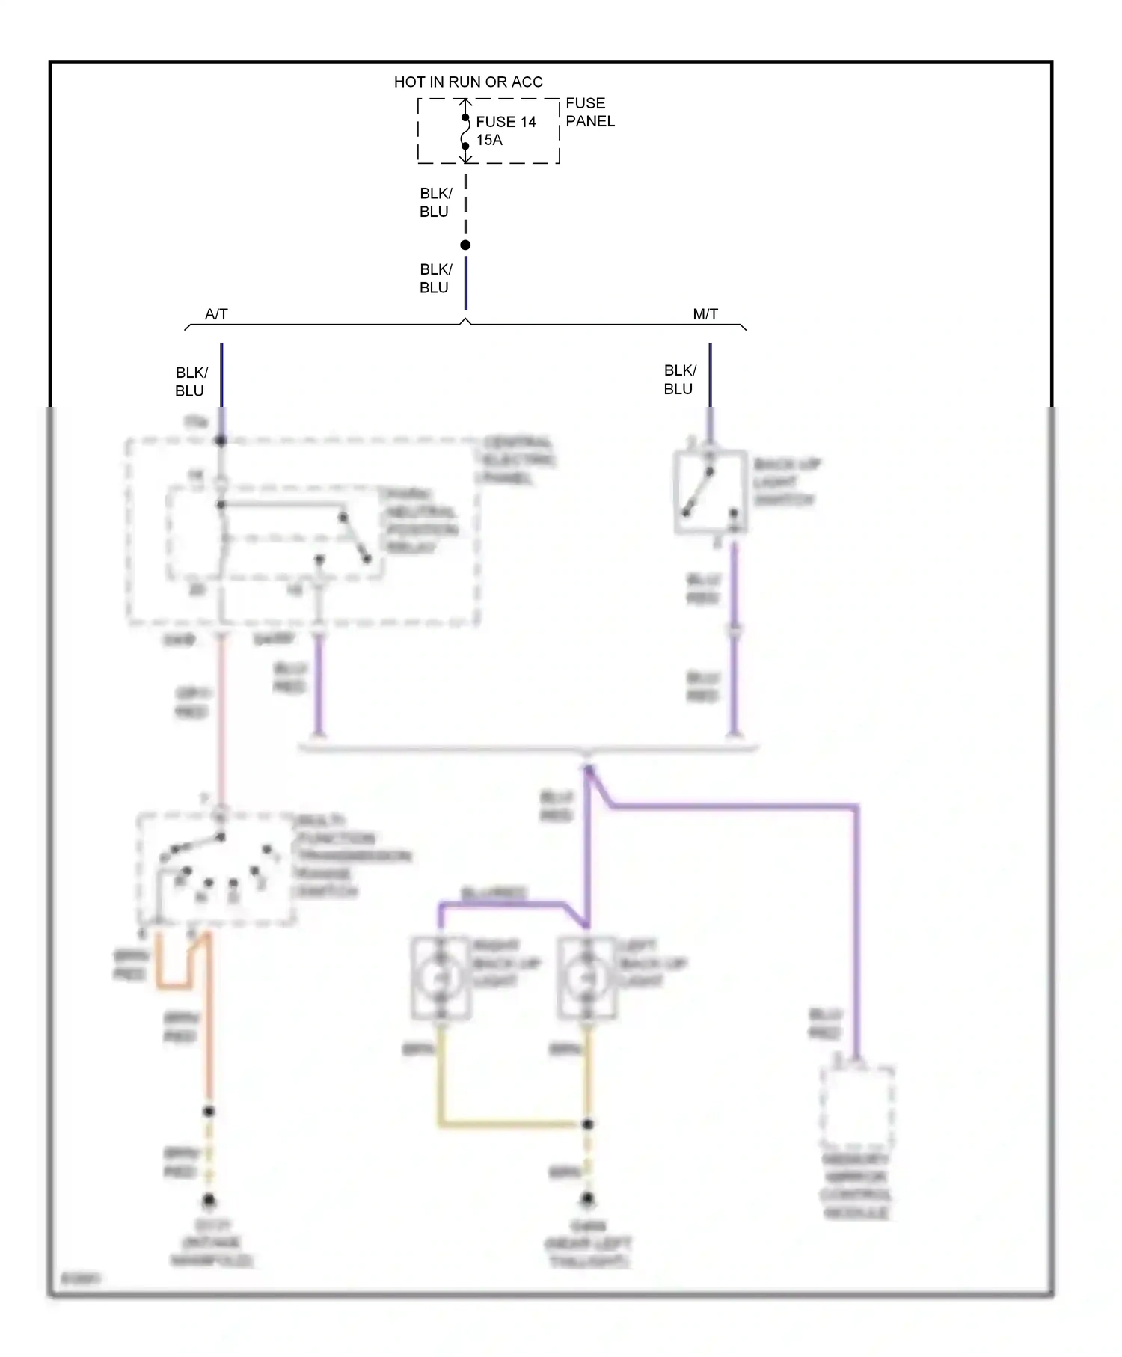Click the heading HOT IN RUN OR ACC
pos(468,82)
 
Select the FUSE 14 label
pos(506,122)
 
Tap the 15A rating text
pos(489,140)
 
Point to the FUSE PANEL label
pos(589,112)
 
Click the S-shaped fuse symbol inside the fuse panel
pos(465,132)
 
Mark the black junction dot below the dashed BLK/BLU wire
pos(465,245)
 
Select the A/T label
pos(216,314)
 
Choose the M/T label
pos(705,314)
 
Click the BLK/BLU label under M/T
pos(679,379)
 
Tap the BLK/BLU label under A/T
pos(191,382)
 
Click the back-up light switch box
pos(710,491)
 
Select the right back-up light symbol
pos(441,978)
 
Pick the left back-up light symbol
pos(587,978)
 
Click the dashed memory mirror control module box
pos(856,1108)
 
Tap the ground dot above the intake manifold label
pos(209,1201)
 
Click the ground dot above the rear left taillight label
pos(588,1199)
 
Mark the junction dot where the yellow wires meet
pos(588,1124)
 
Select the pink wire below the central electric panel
pos(221,718)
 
